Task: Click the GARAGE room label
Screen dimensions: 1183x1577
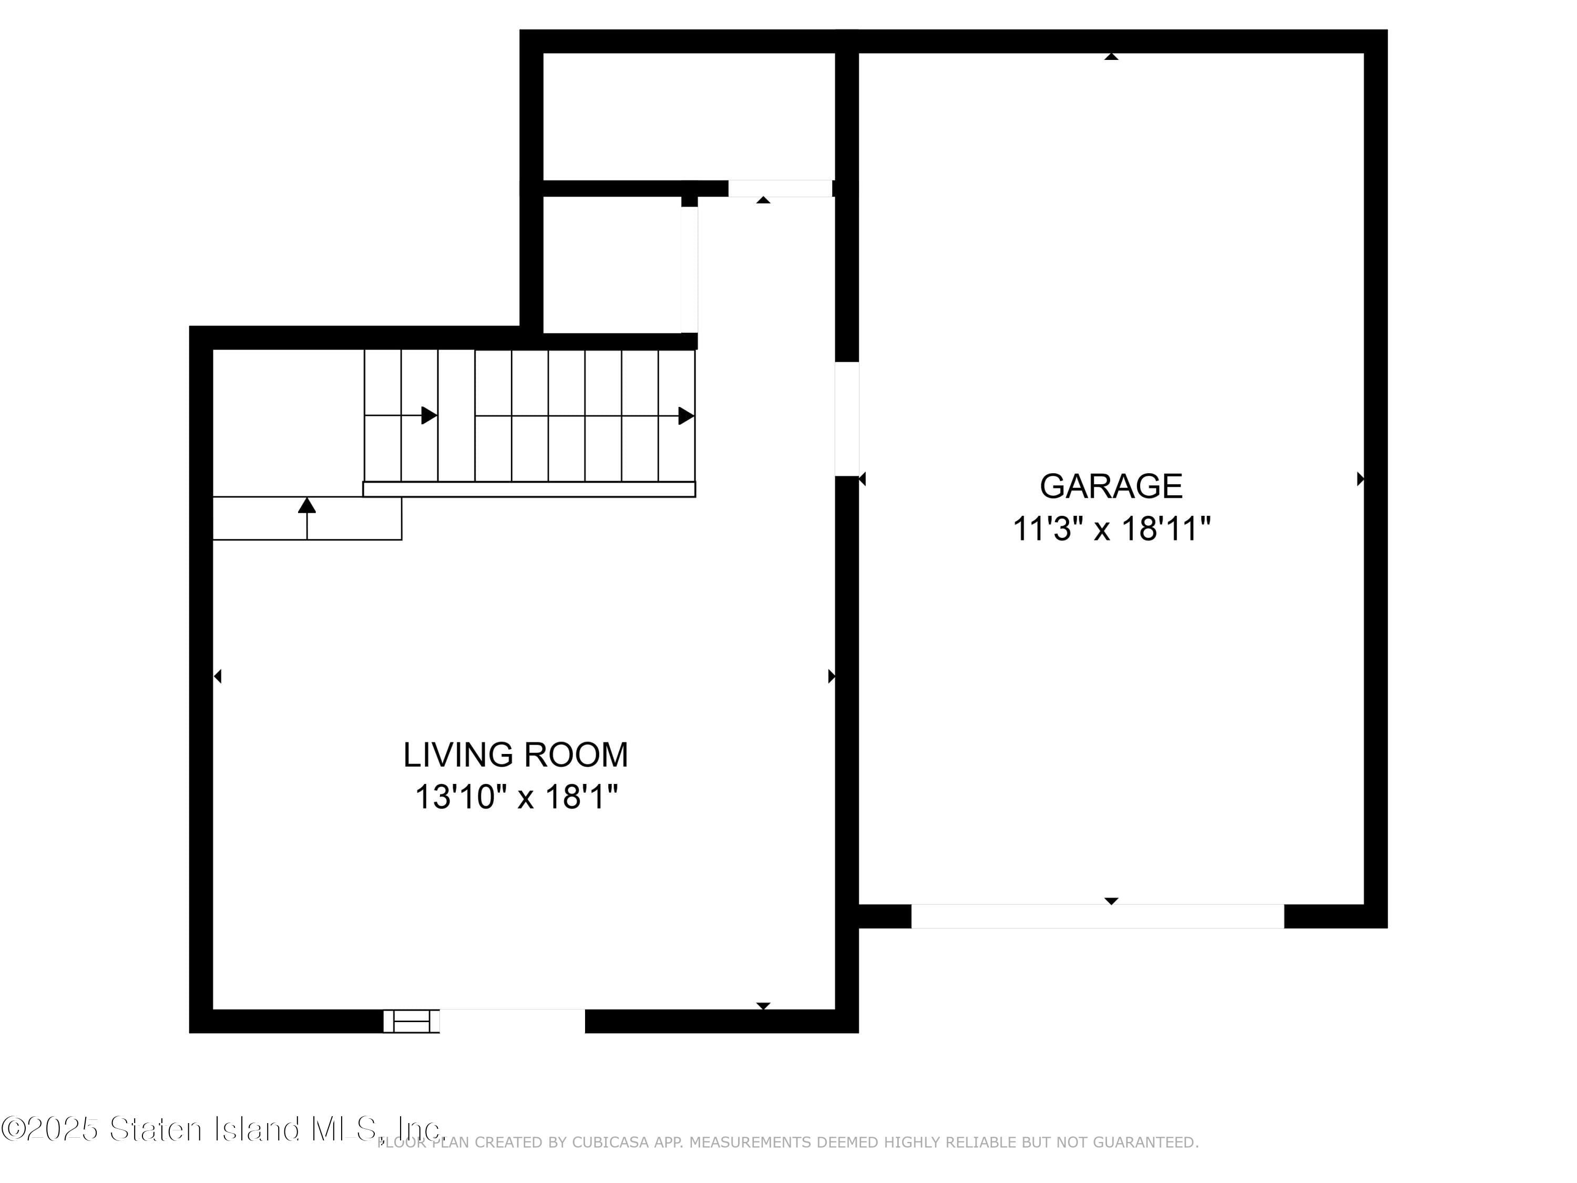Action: click(x=1111, y=486)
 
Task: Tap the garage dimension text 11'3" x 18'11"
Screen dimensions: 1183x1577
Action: click(x=1111, y=529)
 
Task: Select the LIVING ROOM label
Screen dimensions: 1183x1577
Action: click(x=516, y=754)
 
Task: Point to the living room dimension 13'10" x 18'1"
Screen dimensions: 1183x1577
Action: click(x=516, y=797)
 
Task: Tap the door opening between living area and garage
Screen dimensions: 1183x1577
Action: click(x=847, y=419)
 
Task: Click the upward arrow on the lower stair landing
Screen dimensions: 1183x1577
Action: click(x=306, y=506)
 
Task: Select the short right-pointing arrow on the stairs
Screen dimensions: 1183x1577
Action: click(x=428, y=415)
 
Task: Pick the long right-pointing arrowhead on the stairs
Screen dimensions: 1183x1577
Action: click(x=685, y=416)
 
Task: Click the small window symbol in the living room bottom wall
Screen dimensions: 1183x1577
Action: click(x=412, y=1021)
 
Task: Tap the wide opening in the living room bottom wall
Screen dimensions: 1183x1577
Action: click(x=512, y=1021)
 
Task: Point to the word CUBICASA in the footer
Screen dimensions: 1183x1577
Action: click(x=610, y=1143)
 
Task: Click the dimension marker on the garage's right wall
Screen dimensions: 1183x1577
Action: click(x=1359, y=478)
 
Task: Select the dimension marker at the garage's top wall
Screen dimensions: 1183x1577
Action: click(x=1111, y=56)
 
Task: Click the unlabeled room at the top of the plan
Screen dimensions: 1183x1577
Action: click(x=688, y=116)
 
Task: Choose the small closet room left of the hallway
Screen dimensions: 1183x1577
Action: click(x=611, y=264)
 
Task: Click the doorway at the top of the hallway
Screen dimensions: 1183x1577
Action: click(x=780, y=188)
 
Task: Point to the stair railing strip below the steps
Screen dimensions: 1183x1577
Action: click(x=529, y=489)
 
